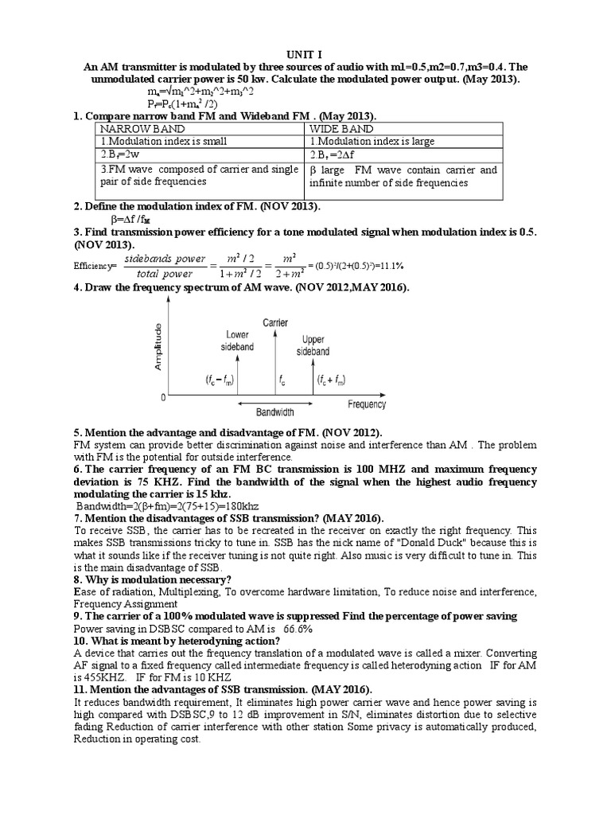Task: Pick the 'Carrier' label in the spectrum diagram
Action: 275,322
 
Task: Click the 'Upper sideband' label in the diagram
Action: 313,345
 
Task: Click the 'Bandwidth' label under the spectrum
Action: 275,413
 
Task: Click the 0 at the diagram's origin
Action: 163,396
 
